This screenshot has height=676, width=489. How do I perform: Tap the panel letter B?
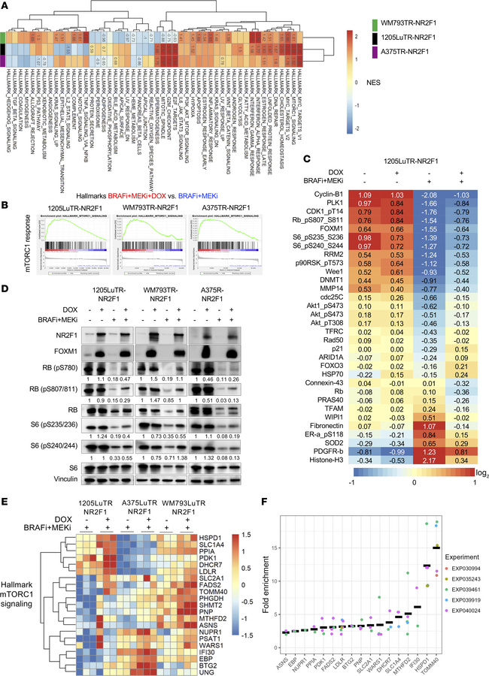pyautogui.click(x=6, y=202)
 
